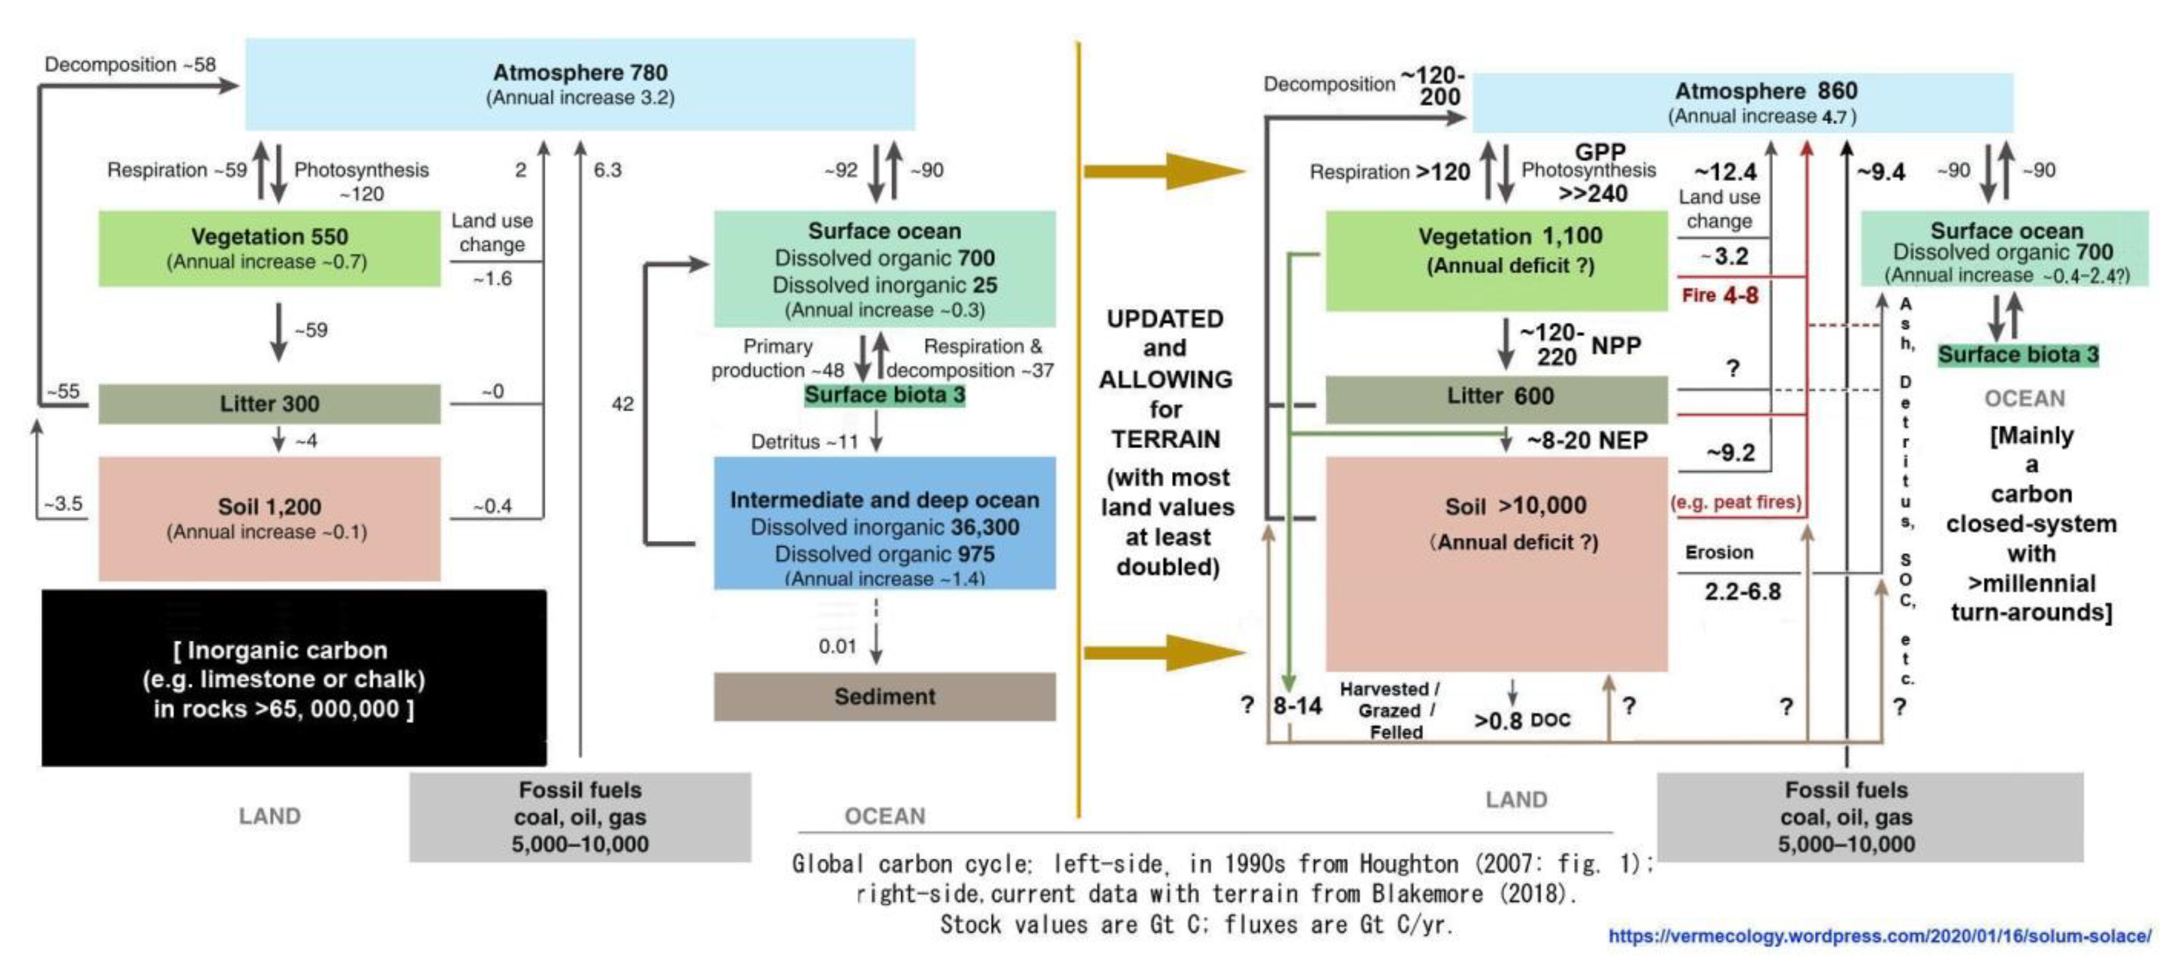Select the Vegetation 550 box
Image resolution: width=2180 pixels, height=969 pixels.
[x=269, y=248]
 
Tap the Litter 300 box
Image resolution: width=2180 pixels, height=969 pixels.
[x=269, y=404]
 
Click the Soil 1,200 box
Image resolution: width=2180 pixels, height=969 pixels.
[x=269, y=518]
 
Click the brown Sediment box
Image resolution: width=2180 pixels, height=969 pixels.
[x=885, y=696]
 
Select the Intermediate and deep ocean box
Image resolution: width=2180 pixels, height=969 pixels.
[x=885, y=525]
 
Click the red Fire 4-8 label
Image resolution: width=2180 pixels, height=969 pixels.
[x=1720, y=295]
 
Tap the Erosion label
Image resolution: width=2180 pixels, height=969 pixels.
[x=1719, y=553]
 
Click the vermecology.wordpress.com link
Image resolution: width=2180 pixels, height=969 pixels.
[x=1879, y=936]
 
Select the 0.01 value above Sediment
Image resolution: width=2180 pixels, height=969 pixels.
[x=837, y=647]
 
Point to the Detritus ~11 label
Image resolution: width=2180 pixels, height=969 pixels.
[x=804, y=442]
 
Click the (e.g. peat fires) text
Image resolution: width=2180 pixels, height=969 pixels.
[x=1736, y=502]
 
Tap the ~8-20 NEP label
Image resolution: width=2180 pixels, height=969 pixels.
[x=1587, y=440]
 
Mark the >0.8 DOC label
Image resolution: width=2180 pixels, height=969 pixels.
[x=1522, y=720]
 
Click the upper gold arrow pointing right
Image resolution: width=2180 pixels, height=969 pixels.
[x=1164, y=171]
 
